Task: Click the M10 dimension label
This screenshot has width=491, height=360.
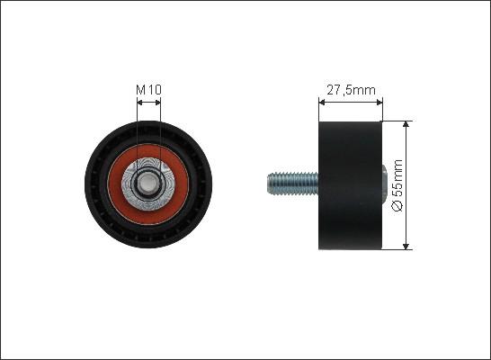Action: [x=148, y=90]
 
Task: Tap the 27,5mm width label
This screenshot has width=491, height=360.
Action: [x=351, y=90]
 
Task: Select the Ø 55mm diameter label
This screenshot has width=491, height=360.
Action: [x=397, y=185]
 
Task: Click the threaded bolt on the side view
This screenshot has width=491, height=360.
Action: [x=293, y=184]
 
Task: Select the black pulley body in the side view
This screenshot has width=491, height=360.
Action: [x=351, y=185]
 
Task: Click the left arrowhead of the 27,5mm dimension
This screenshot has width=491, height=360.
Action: [x=322, y=102]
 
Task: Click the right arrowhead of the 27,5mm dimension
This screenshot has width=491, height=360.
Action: [x=379, y=102]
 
